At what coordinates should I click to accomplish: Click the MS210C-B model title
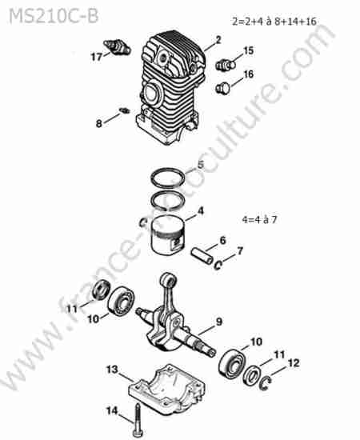point(54,16)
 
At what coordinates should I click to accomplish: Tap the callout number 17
point(96,57)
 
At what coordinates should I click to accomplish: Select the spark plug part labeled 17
point(117,47)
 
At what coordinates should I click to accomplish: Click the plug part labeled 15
point(225,65)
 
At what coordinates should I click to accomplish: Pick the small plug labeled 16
point(223,88)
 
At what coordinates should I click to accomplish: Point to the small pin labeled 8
point(124,110)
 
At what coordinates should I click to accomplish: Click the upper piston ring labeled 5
point(168,178)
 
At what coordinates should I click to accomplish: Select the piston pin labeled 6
point(202,256)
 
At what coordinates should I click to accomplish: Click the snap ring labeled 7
point(218,265)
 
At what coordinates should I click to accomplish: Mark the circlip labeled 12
point(265,383)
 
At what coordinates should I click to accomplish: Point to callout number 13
point(113,370)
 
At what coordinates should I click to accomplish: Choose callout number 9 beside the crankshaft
point(219,322)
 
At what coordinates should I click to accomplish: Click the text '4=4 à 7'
point(259,219)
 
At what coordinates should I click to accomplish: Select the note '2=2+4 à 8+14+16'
point(274,22)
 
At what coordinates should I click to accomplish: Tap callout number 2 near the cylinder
point(218,40)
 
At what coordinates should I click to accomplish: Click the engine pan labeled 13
point(166,387)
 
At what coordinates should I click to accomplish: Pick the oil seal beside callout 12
point(252,375)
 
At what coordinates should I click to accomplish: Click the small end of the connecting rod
point(168,280)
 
